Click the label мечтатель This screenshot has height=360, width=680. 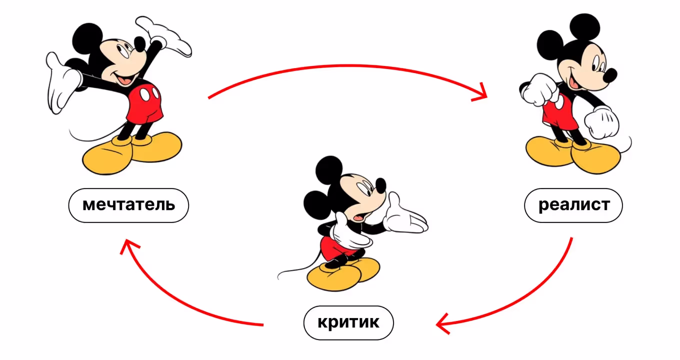(128, 205)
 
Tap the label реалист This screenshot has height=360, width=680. (573, 205)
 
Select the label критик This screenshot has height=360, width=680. (348, 322)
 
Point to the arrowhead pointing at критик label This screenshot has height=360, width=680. (442, 324)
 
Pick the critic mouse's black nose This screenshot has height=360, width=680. (381, 185)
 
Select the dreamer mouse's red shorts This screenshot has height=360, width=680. (145, 102)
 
